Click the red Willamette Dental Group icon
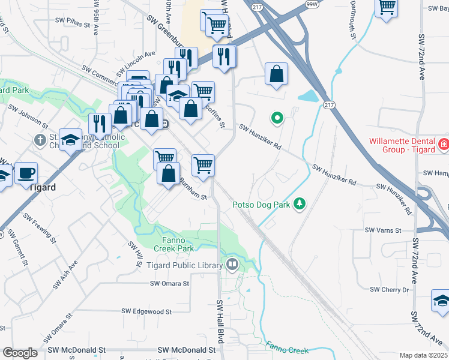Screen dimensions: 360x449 click(443, 145)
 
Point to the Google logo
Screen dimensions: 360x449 click(19, 353)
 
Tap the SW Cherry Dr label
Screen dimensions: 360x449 click(390, 289)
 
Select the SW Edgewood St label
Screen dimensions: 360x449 click(146, 311)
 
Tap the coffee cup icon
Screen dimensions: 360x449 click(26, 173)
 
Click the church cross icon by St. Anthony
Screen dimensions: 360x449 click(40, 140)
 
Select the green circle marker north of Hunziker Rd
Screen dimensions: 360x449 click(277, 118)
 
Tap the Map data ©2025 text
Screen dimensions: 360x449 click(424, 355)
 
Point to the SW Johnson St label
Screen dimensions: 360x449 click(28, 115)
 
